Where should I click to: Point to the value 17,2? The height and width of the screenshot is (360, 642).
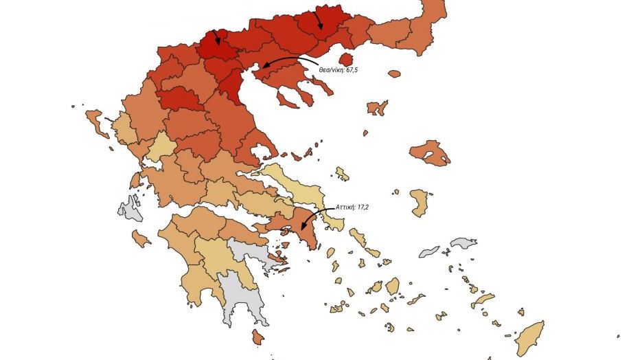click(364, 206)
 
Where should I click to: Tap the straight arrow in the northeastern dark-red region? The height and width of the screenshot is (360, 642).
click(319, 20)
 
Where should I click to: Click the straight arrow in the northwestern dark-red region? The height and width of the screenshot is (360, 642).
click(216, 37)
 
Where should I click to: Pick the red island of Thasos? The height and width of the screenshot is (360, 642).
click(347, 60)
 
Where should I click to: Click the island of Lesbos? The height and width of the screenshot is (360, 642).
click(431, 153)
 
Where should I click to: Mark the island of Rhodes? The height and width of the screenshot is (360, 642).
click(530, 337)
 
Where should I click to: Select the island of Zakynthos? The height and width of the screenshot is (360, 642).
click(141, 238)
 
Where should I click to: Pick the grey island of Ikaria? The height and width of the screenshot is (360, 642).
click(429, 251)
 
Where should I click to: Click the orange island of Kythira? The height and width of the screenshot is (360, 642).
click(257, 337)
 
